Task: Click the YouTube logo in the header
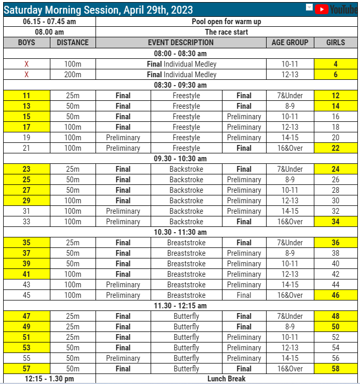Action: [336, 9]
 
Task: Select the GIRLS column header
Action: [335, 43]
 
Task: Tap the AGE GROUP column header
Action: [290, 43]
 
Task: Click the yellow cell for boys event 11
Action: [26, 96]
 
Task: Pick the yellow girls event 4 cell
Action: [335, 64]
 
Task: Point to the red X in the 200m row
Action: [26, 75]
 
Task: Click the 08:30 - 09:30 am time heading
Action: [180, 85]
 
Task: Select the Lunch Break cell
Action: [227, 379]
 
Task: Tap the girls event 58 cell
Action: [335, 369]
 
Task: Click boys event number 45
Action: [26, 295]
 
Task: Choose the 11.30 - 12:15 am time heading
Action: [180, 306]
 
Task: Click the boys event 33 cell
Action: [26, 222]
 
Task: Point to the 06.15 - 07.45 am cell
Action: [49, 22]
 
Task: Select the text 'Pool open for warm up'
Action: [227, 22]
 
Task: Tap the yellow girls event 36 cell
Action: [335, 243]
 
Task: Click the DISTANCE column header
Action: [73, 43]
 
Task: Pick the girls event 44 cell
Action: [335, 285]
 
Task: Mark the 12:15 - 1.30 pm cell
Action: [49, 379]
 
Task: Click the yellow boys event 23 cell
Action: [26, 169]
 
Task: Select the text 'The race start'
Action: [227, 32]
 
